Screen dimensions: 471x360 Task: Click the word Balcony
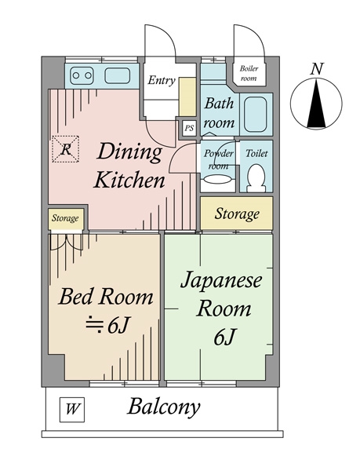click(165, 407)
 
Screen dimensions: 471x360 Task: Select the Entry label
click(161, 80)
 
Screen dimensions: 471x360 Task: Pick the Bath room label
click(220, 112)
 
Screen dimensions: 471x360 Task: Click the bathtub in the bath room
click(256, 114)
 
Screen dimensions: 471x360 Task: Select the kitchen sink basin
click(115, 76)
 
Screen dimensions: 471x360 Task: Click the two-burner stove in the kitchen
click(82, 76)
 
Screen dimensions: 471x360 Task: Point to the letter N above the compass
click(316, 68)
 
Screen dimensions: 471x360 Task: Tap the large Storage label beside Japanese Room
click(237, 214)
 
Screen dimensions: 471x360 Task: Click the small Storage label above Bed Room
click(65, 218)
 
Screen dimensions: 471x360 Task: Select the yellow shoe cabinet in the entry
click(187, 95)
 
